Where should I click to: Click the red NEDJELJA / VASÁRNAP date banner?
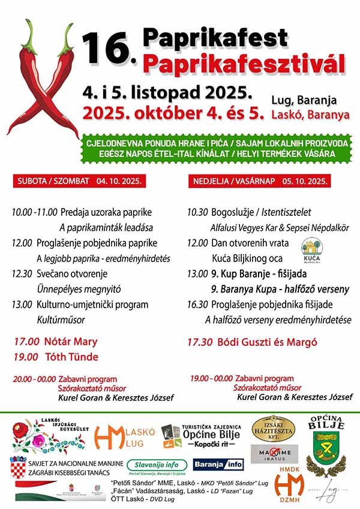(260, 180)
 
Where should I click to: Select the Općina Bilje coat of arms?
(326, 450)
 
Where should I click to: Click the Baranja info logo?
(218, 465)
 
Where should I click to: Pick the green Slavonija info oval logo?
(157, 465)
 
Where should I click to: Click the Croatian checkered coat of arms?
(18, 467)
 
